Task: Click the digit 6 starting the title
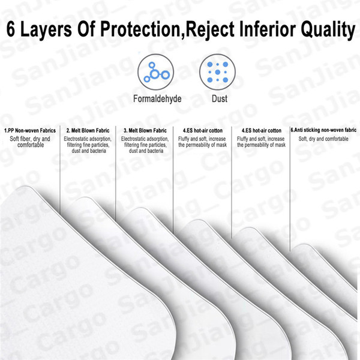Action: [11, 29]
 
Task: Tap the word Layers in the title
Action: [46, 29]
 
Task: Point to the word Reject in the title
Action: [210, 29]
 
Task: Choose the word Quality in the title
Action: [328, 30]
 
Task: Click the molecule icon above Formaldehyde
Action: [155, 72]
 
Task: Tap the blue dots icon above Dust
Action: [217, 72]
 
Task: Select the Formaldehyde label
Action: [157, 99]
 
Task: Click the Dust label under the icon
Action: [220, 99]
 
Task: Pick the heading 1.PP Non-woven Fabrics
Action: [30, 131]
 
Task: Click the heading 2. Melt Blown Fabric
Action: [88, 131]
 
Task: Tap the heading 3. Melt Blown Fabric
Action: [145, 131]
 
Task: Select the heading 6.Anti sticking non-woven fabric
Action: [323, 130]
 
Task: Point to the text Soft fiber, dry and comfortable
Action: [30, 142]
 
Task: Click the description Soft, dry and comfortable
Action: [323, 139]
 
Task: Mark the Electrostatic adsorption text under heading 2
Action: [88, 145]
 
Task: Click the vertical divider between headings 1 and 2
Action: [60, 170]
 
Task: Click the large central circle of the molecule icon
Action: [155, 74]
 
